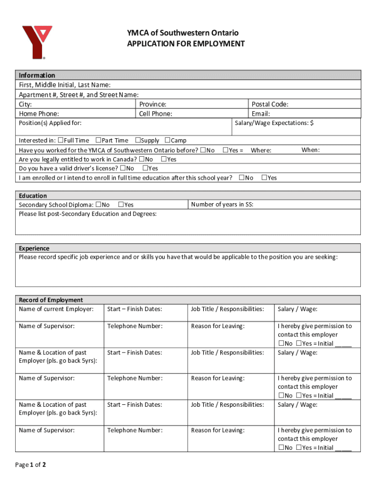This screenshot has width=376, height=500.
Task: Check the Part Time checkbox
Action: [98, 140]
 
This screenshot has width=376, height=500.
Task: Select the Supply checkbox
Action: [138, 140]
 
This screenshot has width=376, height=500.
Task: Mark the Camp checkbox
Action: [167, 140]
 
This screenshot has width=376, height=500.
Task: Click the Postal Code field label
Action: [270, 104]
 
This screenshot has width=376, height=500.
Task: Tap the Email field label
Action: [261, 114]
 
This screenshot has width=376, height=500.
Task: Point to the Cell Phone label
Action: [155, 114]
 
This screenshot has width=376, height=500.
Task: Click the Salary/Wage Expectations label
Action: [274, 123]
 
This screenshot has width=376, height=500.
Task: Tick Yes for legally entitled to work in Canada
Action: [164, 159]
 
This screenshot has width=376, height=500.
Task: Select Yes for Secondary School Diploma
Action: [121, 205]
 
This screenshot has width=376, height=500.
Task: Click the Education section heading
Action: [33, 196]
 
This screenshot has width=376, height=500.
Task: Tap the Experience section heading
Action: [34, 248]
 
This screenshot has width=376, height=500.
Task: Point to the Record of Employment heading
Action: [51, 300]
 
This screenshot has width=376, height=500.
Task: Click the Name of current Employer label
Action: [56, 309]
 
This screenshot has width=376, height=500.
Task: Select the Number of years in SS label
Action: [222, 204]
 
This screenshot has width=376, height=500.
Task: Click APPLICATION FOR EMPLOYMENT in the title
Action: [186, 44]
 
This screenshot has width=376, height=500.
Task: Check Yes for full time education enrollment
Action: [264, 178]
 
